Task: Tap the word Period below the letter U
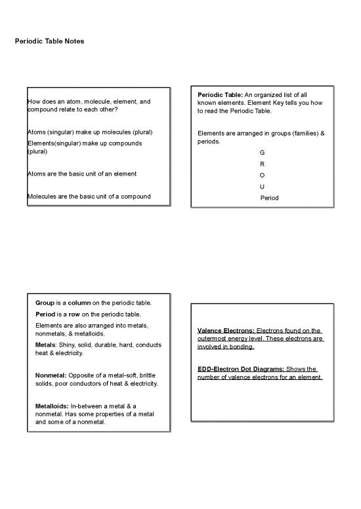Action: coord(269,197)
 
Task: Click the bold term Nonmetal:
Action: coord(51,375)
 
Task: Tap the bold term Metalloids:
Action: coord(52,406)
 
